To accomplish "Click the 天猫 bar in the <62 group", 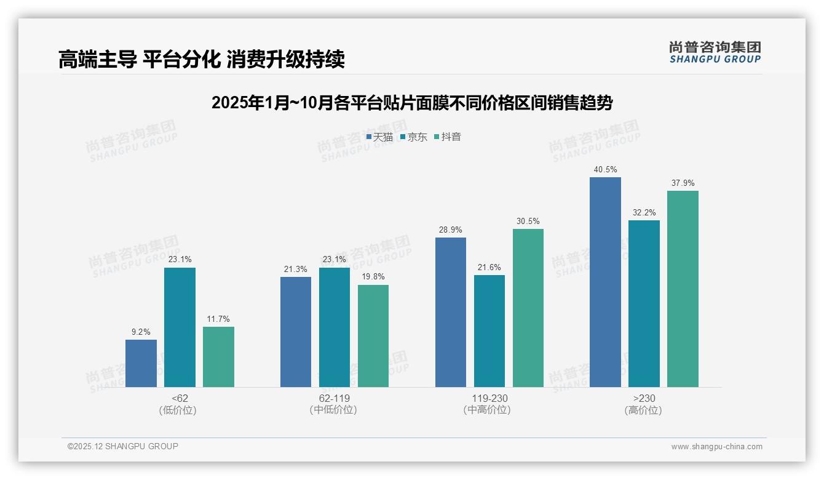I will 141,363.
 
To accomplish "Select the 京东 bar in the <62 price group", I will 180,327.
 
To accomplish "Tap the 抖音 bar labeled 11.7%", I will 218,357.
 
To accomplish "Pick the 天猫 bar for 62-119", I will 296,332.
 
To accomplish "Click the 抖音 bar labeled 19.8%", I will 373,336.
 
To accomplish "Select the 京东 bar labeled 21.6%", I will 489,331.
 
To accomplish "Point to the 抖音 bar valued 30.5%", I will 528,308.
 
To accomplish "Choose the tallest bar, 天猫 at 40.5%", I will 605,282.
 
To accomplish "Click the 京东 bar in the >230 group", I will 644,303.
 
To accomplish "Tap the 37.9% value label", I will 683,183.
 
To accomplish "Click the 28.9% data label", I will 451,230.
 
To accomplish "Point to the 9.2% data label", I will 141,332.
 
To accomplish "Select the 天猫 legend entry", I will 379,137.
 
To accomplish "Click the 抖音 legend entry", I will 448,137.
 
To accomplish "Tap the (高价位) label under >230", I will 644,410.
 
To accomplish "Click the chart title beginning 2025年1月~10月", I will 412,103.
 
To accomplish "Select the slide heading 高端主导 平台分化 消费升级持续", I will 201,59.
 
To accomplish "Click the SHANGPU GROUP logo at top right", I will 715,52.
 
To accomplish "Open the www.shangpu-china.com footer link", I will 716,447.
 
